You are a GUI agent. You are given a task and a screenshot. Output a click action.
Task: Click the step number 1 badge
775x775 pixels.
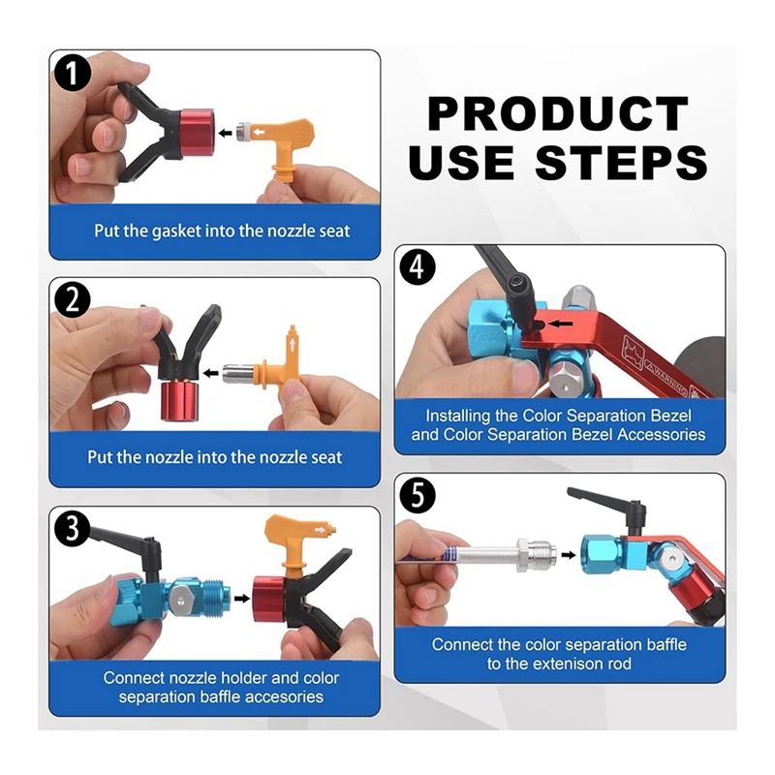click(x=72, y=72)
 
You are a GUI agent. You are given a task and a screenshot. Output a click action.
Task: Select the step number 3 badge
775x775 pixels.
click(x=72, y=528)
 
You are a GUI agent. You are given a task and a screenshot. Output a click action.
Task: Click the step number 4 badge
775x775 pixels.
click(x=417, y=267)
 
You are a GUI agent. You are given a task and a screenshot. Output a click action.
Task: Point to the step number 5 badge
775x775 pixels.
click(x=417, y=495)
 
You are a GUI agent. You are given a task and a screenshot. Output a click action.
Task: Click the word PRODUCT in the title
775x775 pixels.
click(x=557, y=114)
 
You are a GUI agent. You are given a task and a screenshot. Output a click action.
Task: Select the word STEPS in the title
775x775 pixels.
click(x=622, y=162)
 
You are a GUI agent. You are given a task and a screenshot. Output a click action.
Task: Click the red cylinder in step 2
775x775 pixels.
click(x=180, y=402)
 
